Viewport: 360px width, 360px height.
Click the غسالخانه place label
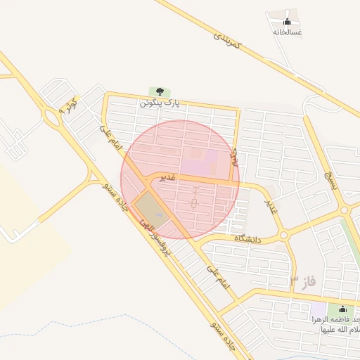[287, 32]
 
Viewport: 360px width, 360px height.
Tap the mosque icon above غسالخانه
[287, 19]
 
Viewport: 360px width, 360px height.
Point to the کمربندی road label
[228, 39]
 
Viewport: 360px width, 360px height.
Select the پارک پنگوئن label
[160, 103]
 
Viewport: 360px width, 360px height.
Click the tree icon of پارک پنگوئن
[160, 91]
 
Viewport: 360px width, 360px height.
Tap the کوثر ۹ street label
[70, 107]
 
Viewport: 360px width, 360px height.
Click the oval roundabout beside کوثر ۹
[51, 116]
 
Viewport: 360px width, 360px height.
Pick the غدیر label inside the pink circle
[167, 177]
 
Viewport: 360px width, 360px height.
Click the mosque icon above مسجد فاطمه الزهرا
[342, 309]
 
